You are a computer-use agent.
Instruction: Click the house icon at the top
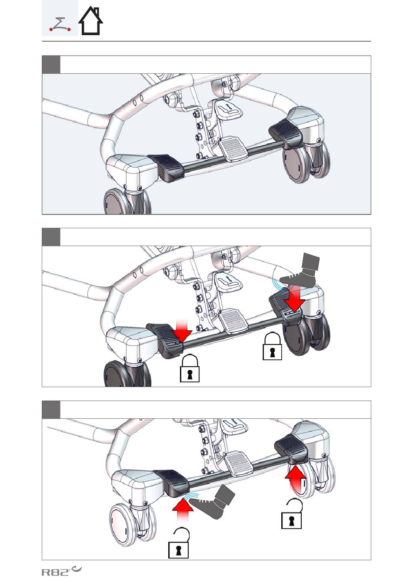(90, 21)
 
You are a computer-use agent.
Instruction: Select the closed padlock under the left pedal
(190, 368)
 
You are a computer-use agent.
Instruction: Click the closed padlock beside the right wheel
(272, 346)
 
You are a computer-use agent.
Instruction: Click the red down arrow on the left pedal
(182, 330)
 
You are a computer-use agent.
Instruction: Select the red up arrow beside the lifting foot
(183, 506)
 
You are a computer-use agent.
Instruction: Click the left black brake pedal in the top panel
(166, 167)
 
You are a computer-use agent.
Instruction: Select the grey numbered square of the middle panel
(51, 237)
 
